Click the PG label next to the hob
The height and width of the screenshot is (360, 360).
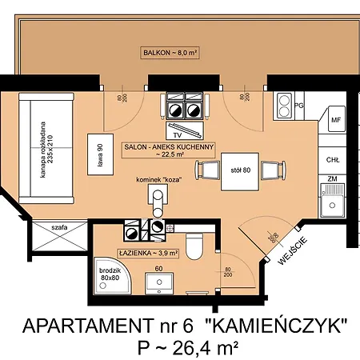click(300, 104)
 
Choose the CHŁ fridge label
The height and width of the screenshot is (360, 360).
click(333, 159)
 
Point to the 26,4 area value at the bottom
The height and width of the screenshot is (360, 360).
click(189, 346)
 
